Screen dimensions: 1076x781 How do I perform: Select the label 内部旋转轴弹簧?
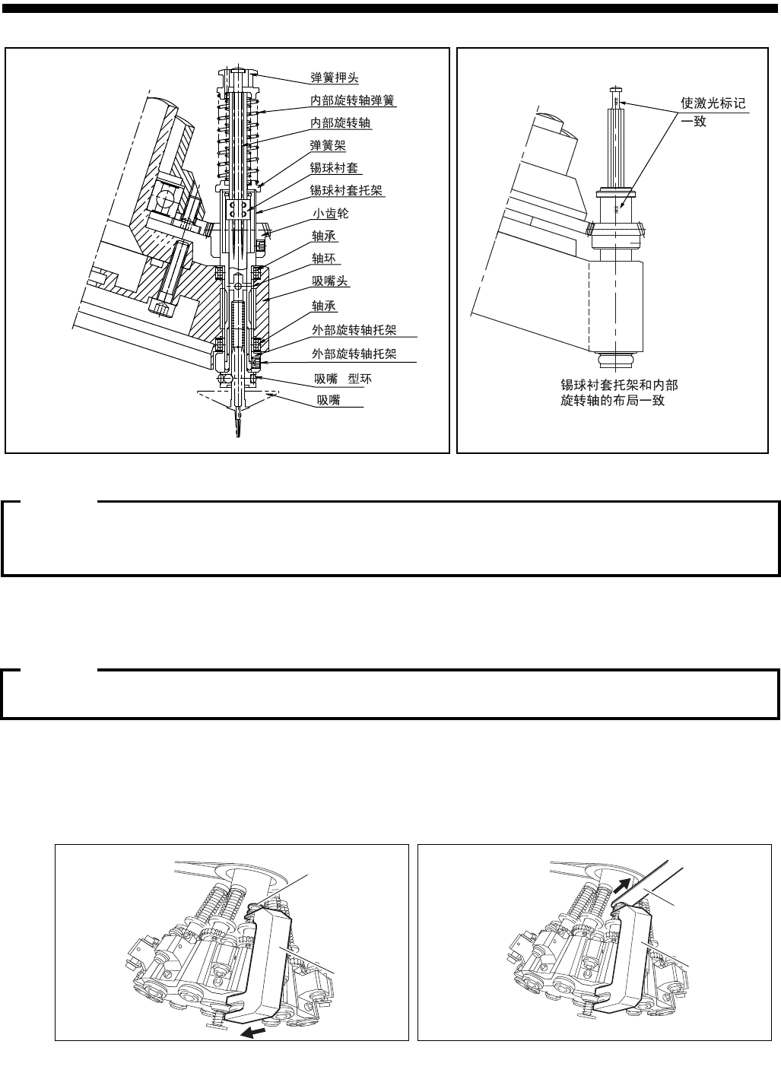(x=352, y=100)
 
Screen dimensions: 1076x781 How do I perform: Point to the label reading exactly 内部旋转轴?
(x=341, y=122)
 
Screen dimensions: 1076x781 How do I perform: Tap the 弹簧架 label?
(x=328, y=145)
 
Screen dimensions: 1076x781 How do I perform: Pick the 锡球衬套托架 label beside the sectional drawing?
(x=346, y=190)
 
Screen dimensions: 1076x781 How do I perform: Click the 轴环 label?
(x=323, y=259)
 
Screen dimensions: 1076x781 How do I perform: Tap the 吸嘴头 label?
(x=330, y=281)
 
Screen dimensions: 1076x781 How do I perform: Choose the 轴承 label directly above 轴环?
(x=323, y=236)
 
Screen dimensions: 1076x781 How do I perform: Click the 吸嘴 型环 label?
(x=344, y=378)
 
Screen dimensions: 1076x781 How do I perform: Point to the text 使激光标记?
(x=713, y=103)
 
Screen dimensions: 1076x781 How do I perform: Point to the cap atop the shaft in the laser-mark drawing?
(x=615, y=90)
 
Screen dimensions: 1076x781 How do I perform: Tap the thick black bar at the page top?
(x=390, y=8)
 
